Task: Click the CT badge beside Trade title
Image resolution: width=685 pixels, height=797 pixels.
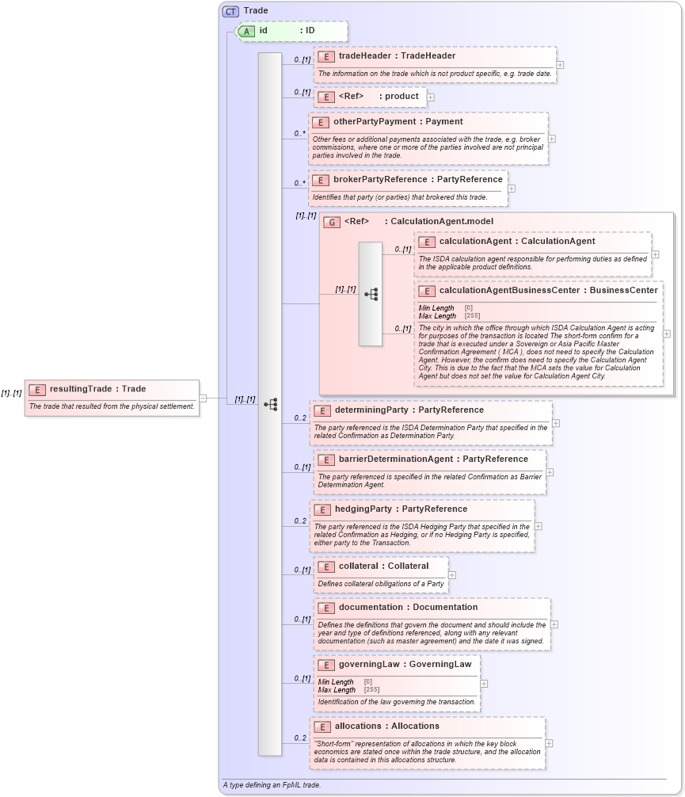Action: point(230,11)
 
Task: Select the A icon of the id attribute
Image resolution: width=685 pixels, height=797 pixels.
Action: point(247,31)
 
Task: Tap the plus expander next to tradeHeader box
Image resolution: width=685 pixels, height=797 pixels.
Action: point(560,65)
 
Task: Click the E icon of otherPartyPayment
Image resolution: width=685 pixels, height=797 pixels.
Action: point(321,122)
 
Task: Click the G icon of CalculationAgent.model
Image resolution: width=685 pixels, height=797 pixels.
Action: point(332,222)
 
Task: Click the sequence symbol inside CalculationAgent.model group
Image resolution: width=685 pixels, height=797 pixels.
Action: point(371,294)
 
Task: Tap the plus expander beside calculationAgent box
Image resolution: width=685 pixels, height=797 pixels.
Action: point(655,254)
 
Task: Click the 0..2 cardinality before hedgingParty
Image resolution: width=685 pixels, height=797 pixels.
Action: point(300,521)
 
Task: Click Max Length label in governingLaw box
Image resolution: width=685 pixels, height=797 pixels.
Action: point(337,690)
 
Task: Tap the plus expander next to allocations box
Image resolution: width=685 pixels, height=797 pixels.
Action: point(549,743)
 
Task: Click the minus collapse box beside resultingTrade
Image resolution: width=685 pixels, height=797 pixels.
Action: point(203,398)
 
